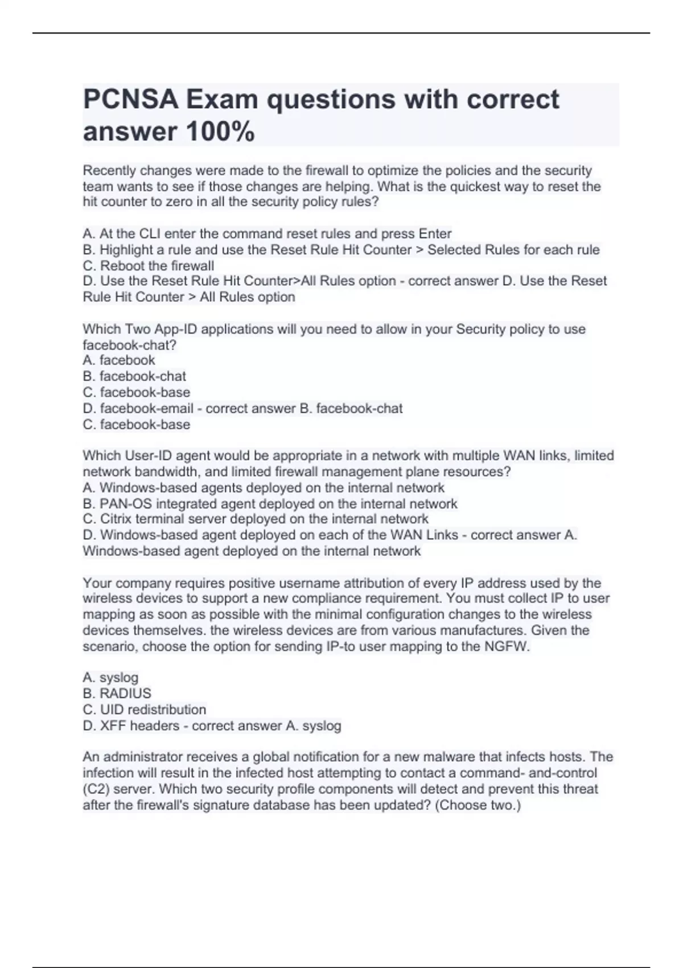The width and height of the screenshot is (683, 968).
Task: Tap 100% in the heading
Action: point(220,132)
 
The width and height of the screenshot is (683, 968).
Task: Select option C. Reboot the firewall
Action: point(149,266)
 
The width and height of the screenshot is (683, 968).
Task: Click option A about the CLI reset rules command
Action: point(267,234)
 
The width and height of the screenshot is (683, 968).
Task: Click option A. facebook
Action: point(119,360)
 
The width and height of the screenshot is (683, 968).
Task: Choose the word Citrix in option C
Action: point(118,519)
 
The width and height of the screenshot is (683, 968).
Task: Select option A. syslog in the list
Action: point(110,678)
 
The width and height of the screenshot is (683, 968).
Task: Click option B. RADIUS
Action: point(117,694)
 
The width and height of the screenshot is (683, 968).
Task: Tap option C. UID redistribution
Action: point(145,709)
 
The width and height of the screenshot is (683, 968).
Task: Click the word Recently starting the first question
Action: point(109,171)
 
